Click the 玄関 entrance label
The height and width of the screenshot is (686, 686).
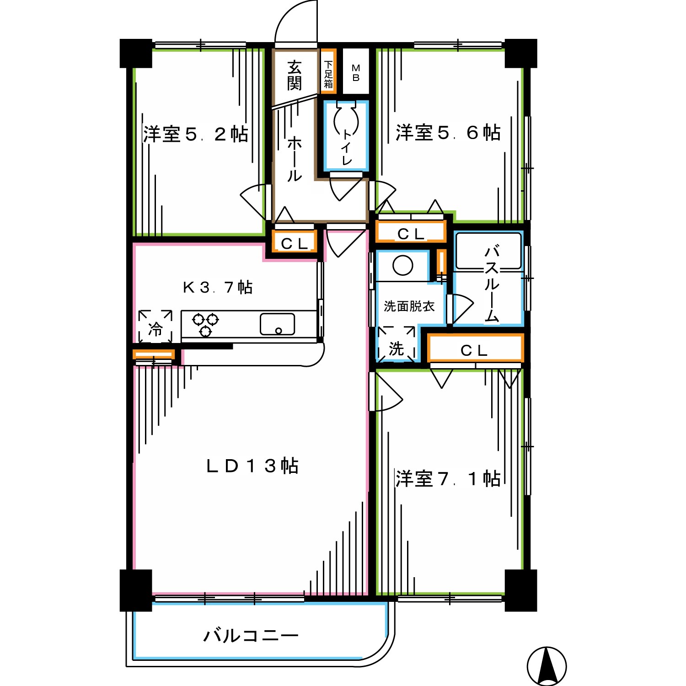coord(295,75)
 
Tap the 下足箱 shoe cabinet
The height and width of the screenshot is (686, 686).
coord(328,71)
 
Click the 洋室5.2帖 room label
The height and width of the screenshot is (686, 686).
coord(196,134)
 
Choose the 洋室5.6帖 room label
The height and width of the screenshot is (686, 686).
coord(448,133)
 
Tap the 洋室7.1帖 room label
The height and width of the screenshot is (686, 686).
coord(448,479)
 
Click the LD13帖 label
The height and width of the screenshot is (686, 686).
coord(252,466)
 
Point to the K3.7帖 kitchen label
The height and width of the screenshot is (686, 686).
coord(218,287)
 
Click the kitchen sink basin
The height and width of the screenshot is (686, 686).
coord(278,324)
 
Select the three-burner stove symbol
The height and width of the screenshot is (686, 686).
coord(205,324)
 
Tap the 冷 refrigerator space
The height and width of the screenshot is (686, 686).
coord(155,327)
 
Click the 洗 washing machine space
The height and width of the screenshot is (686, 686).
coord(397,344)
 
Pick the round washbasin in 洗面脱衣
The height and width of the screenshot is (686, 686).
coord(403,265)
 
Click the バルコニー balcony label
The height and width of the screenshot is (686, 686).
coord(251,636)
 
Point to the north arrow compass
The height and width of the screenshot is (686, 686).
coord(547,666)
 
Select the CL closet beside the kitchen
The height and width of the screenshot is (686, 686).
coord(295,242)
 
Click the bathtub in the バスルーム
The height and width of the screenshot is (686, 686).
coord(489,251)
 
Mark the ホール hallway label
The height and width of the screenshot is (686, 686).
coord(295,159)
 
